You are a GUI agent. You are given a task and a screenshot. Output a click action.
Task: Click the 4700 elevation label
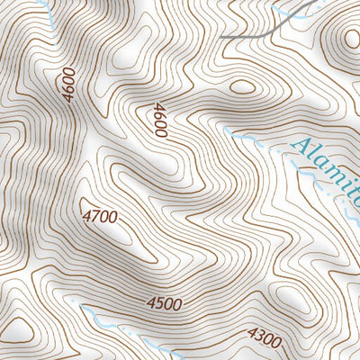pos(100,216)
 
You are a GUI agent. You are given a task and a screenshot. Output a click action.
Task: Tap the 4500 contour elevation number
pos(164,304)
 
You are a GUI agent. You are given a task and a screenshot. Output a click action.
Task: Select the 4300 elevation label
pos(264,339)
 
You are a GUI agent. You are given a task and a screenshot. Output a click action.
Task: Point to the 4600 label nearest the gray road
pos(160,120)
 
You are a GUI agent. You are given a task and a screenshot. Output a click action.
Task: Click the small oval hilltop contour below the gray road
pos(243,87)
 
